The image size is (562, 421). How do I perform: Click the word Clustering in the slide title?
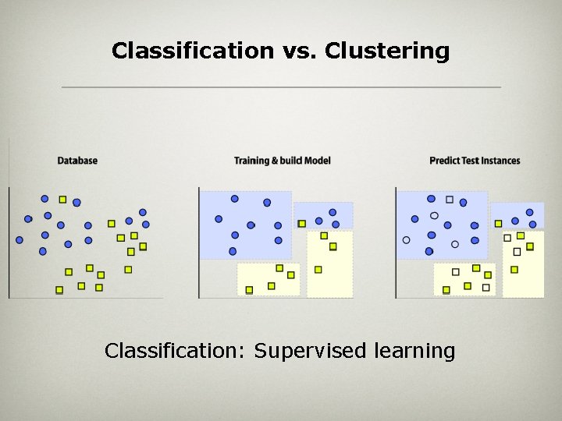click(x=387, y=51)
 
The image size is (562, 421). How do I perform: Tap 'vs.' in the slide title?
click(x=296, y=51)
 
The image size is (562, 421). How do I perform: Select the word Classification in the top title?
click(x=191, y=51)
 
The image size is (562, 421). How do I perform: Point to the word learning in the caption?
click(x=414, y=351)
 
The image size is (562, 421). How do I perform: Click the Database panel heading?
click(x=77, y=161)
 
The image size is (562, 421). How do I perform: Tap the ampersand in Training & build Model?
click(x=274, y=161)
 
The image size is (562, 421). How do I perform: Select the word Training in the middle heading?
click(x=251, y=161)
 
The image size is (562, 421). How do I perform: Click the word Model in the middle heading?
click(x=317, y=161)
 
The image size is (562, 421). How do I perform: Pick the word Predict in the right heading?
click(x=443, y=161)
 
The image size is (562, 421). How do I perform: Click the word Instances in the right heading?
click(x=500, y=161)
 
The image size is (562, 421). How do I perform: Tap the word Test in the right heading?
click(x=469, y=161)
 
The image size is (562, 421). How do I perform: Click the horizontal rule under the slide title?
click(x=281, y=87)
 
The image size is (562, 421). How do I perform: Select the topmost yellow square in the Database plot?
click(x=62, y=200)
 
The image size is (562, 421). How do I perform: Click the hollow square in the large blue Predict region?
click(x=450, y=200)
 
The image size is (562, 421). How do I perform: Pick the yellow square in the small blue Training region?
click(x=302, y=224)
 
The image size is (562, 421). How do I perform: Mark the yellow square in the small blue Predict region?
click(x=499, y=224)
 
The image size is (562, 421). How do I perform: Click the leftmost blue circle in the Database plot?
click(x=20, y=240)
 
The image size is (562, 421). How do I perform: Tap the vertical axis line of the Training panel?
click(x=199, y=242)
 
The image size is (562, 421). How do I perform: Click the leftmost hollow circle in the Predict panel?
click(x=406, y=240)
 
